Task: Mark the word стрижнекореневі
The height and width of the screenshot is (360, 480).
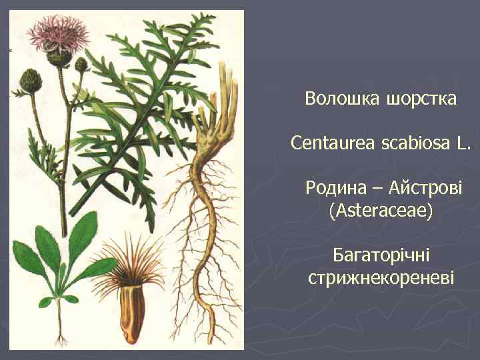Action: (381, 277)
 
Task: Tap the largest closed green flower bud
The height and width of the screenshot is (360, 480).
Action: (30, 81)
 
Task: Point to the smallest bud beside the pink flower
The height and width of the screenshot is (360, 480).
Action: (81, 65)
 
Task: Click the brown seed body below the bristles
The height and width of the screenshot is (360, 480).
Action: (132, 314)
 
